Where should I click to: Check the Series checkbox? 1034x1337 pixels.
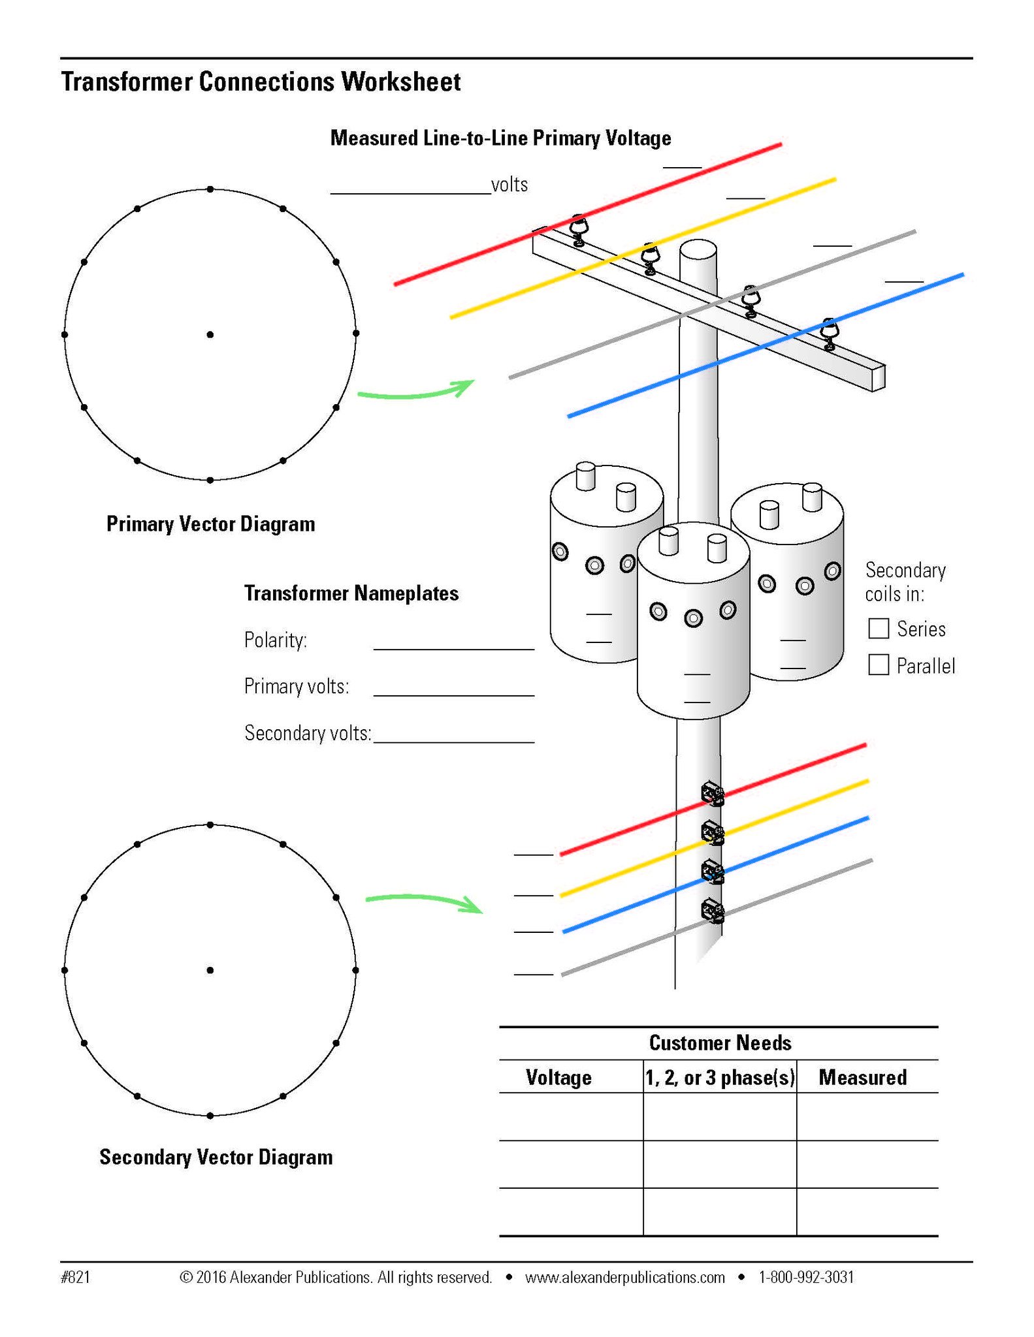tap(879, 629)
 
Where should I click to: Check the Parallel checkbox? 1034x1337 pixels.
tap(879, 665)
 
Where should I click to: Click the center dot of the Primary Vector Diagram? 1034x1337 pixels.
tap(210, 334)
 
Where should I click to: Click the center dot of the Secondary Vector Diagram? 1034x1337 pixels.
tap(210, 970)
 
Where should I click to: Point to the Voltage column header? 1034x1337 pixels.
tap(558, 1077)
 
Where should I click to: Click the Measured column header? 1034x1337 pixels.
tap(862, 1077)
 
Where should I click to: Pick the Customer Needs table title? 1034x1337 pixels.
tap(720, 1043)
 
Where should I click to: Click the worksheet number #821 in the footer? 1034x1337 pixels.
tap(75, 1277)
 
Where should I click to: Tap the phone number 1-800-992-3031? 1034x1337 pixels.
tap(806, 1277)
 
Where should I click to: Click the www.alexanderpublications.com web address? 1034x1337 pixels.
tap(624, 1277)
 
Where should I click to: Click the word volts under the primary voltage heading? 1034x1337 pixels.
tap(509, 185)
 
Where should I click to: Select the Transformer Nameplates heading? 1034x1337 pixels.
tap(351, 593)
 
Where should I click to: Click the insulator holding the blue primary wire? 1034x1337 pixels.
tap(829, 334)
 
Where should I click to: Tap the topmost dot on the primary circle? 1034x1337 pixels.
tap(210, 189)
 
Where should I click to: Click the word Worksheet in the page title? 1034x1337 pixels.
tap(401, 82)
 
